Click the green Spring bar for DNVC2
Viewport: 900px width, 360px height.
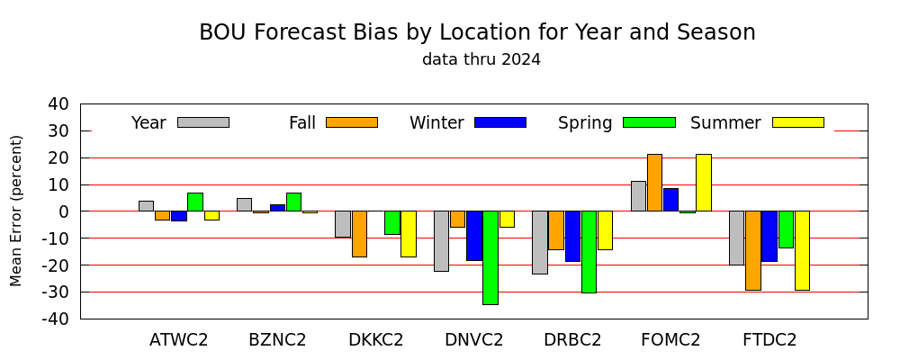[x=490, y=257]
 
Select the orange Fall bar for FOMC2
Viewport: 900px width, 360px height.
[x=654, y=183]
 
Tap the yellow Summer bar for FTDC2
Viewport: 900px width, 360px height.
[x=803, y=251]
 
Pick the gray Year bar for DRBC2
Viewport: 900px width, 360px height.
[x=540, y=243]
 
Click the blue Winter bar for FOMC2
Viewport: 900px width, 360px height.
[x=671, y=200]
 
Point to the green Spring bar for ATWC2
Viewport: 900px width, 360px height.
[x=195, y=202]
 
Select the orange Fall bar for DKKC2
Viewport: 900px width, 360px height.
[x=359, y=234]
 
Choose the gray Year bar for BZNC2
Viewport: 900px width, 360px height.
[x=245, y=205]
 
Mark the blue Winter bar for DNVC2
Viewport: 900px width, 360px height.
[x=474, y=236]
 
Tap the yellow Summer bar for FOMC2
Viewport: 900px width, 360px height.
[x=704, y=183]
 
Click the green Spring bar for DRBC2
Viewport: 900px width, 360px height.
[x=589, y=252]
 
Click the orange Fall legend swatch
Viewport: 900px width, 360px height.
[x=352, y=122]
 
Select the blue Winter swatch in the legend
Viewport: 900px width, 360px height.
[x=500, y=122]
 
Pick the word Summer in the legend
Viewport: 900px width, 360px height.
[x=725, y=123]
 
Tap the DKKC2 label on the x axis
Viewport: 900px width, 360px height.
[x=376, y=340]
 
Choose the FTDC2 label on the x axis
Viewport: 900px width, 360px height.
[x=769, y=340]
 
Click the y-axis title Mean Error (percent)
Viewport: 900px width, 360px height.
[x=16, y=211]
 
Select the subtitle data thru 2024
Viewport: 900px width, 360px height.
[x=481, y=59]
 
